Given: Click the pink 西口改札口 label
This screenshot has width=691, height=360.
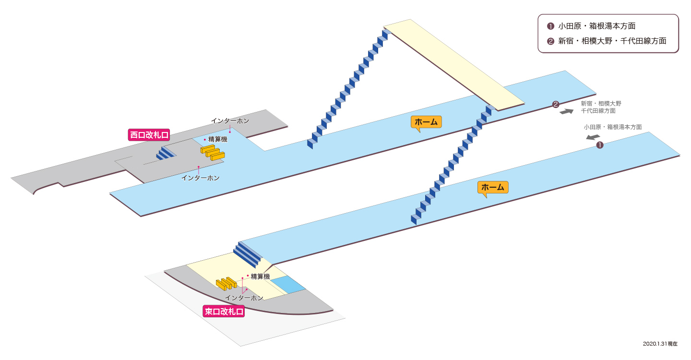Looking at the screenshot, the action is point(149,135).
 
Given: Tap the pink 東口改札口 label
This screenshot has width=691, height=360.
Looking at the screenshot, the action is point(224,311).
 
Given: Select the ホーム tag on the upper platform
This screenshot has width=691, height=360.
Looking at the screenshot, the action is point(426,122).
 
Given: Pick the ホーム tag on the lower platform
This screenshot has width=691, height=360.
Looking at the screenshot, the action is point(493,188).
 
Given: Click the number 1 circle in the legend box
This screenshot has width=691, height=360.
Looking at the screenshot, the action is point(550,26).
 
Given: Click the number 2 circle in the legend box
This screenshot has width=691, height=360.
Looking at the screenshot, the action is point(550,41).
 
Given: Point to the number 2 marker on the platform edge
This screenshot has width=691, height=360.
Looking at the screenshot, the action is point(556,105).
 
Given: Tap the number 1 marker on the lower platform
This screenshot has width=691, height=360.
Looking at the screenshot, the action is point(600,145).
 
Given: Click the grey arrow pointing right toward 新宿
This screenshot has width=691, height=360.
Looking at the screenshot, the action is point(566,111).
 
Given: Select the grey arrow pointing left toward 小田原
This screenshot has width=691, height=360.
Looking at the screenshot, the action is point(593,137).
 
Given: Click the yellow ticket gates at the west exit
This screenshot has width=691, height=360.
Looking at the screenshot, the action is point(213,153).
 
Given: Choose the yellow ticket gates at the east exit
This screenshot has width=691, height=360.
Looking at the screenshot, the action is point(226,284).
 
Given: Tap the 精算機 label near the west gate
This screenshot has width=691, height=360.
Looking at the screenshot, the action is point(218,139).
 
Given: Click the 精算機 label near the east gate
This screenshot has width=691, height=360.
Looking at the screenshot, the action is point(261,276).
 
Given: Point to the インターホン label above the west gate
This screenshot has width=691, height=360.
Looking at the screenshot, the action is point(230,121).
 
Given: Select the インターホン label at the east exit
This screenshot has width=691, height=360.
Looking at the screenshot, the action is point(244,298).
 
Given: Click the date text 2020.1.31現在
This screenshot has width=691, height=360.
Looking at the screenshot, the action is point(660,344).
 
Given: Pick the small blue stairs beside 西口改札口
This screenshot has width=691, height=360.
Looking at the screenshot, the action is point(166,153).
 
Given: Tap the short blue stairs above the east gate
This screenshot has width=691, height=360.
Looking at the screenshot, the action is point(248,254).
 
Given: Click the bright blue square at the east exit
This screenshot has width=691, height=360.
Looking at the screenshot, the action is point(288,285).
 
